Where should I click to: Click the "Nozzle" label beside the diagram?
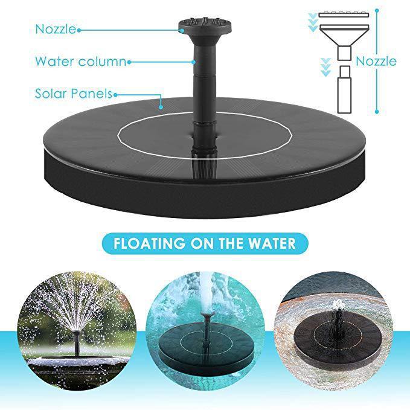coord(376,61)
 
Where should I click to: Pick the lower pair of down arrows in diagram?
coord(325,66)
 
